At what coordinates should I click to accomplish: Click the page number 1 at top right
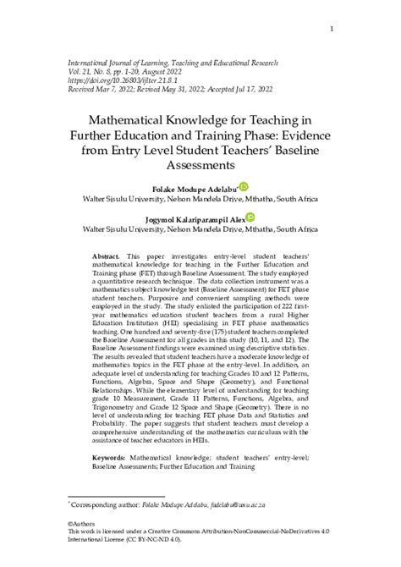(x=331, y=30)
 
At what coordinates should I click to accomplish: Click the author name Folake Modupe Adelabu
(x=195, y=188)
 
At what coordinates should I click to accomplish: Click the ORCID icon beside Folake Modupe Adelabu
(x=245, y=186)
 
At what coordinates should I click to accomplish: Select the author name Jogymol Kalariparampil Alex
(x=198, y=218)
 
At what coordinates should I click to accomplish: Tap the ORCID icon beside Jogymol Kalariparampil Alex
(x=250, y=217)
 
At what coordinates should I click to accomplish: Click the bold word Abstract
(x=107, y=255)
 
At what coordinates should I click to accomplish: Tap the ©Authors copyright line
(x=85, y=522)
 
